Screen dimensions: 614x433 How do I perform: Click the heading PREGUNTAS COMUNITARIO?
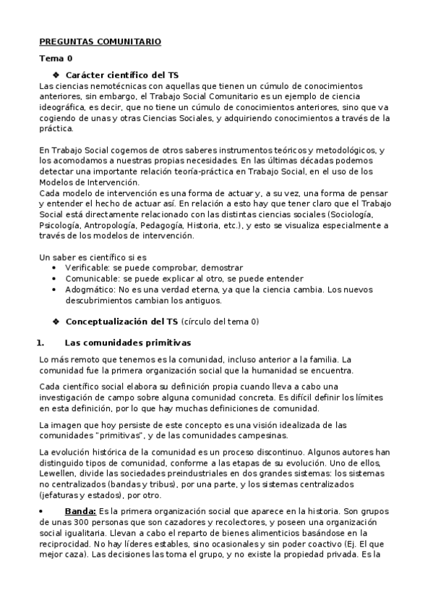[99, 42]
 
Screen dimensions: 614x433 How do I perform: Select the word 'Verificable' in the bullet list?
[88, 267]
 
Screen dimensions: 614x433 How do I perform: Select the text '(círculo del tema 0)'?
[219, 321]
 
